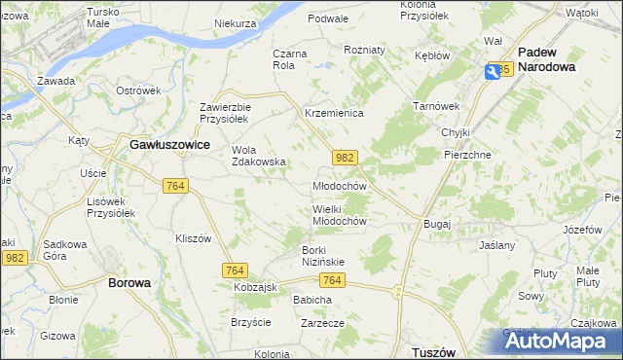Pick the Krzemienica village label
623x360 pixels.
334,114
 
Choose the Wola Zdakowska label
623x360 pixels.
258,156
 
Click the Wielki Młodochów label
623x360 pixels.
339,215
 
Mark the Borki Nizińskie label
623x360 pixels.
317,255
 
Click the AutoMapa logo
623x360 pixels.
559,342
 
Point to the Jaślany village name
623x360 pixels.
496,246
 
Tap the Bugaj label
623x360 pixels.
437,224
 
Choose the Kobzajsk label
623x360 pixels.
256,289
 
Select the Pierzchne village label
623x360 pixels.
466,154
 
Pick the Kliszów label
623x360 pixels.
193,237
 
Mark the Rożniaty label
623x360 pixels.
365,49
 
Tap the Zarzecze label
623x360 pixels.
324,322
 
